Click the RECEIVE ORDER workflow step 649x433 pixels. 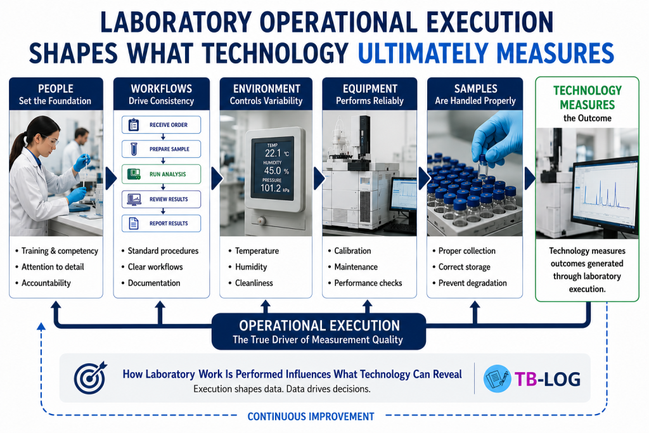[x=161, y=125]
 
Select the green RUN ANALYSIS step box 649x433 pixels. [x=161, y=174]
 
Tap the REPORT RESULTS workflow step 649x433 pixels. [x=161, y=223]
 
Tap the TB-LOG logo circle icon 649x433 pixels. [x=497, y=378]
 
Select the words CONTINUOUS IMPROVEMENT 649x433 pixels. [x=311, y=417]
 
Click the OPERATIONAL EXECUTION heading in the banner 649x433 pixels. [x=319, y=325]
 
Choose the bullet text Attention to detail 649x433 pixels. [x=53, y=267]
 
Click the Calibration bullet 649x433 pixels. [x=352, y=251]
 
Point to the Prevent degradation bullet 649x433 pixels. [x=473, y=283]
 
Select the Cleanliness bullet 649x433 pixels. [x=254, y=283]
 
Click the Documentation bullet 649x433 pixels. [x=154, y=283]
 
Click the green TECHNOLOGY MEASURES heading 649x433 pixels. [x=588, y=97]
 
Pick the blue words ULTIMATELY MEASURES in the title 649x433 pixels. [x=485, y=53]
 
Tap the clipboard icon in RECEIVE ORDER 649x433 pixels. [x=133, y=125]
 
